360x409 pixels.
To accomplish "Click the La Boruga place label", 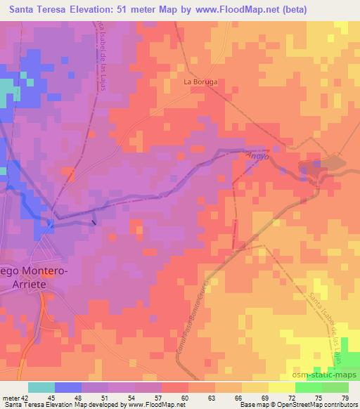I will (x=200, y=82).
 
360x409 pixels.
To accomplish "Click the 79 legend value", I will (x=344, y=398).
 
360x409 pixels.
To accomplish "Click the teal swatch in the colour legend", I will (x=41, y=387).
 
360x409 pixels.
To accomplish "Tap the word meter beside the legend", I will (x=11, y=398).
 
